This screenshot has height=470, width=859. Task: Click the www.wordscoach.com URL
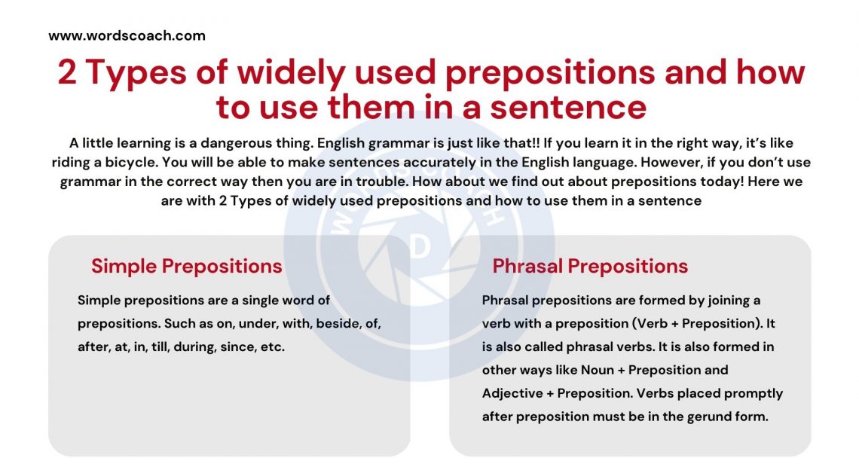point(127,35)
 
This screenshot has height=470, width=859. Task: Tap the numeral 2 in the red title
point(67,73)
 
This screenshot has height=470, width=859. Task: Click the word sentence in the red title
point(568,106)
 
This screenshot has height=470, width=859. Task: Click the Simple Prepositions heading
point(187,266)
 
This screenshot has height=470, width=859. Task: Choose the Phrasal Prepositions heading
point(590,266)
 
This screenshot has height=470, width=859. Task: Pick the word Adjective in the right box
point(512,393)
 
